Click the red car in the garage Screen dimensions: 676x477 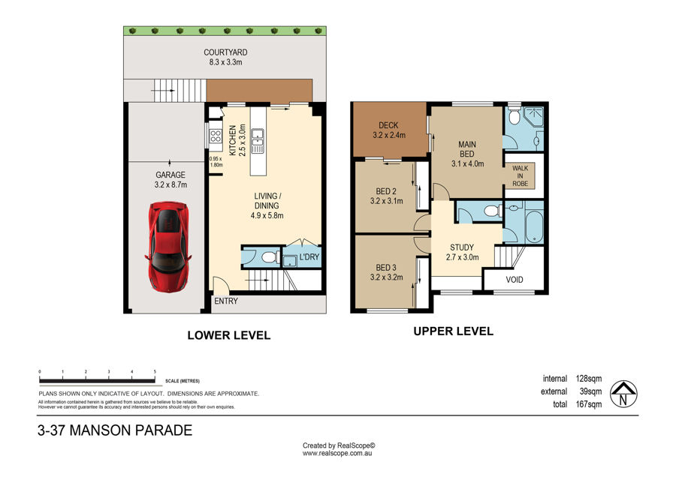tap(168, 247)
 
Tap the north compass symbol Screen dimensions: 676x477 tap(623, 394)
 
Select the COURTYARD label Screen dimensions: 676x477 tap(225, 52)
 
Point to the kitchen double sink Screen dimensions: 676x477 tap(258, 141)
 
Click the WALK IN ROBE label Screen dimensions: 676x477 tap(521, 175)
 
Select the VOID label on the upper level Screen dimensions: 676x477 tap(515, 280)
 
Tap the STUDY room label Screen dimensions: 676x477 tap(462, 247)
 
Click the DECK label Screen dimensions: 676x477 tap(388, 125)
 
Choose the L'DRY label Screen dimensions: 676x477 tap(309, 257)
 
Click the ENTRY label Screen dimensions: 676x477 tap(226, 301)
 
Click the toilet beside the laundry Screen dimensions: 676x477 tap(269, 257)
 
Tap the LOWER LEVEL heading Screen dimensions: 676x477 tap(229, 335)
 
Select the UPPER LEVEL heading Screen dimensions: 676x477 tap(453, 331)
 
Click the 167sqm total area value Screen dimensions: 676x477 tap(589, 404)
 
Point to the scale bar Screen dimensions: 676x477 tap(97, 380)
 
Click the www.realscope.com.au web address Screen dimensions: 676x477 tap(337, 453)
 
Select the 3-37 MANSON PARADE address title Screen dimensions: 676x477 tap(115, 430)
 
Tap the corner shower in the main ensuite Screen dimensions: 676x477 tap(534, 115)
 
